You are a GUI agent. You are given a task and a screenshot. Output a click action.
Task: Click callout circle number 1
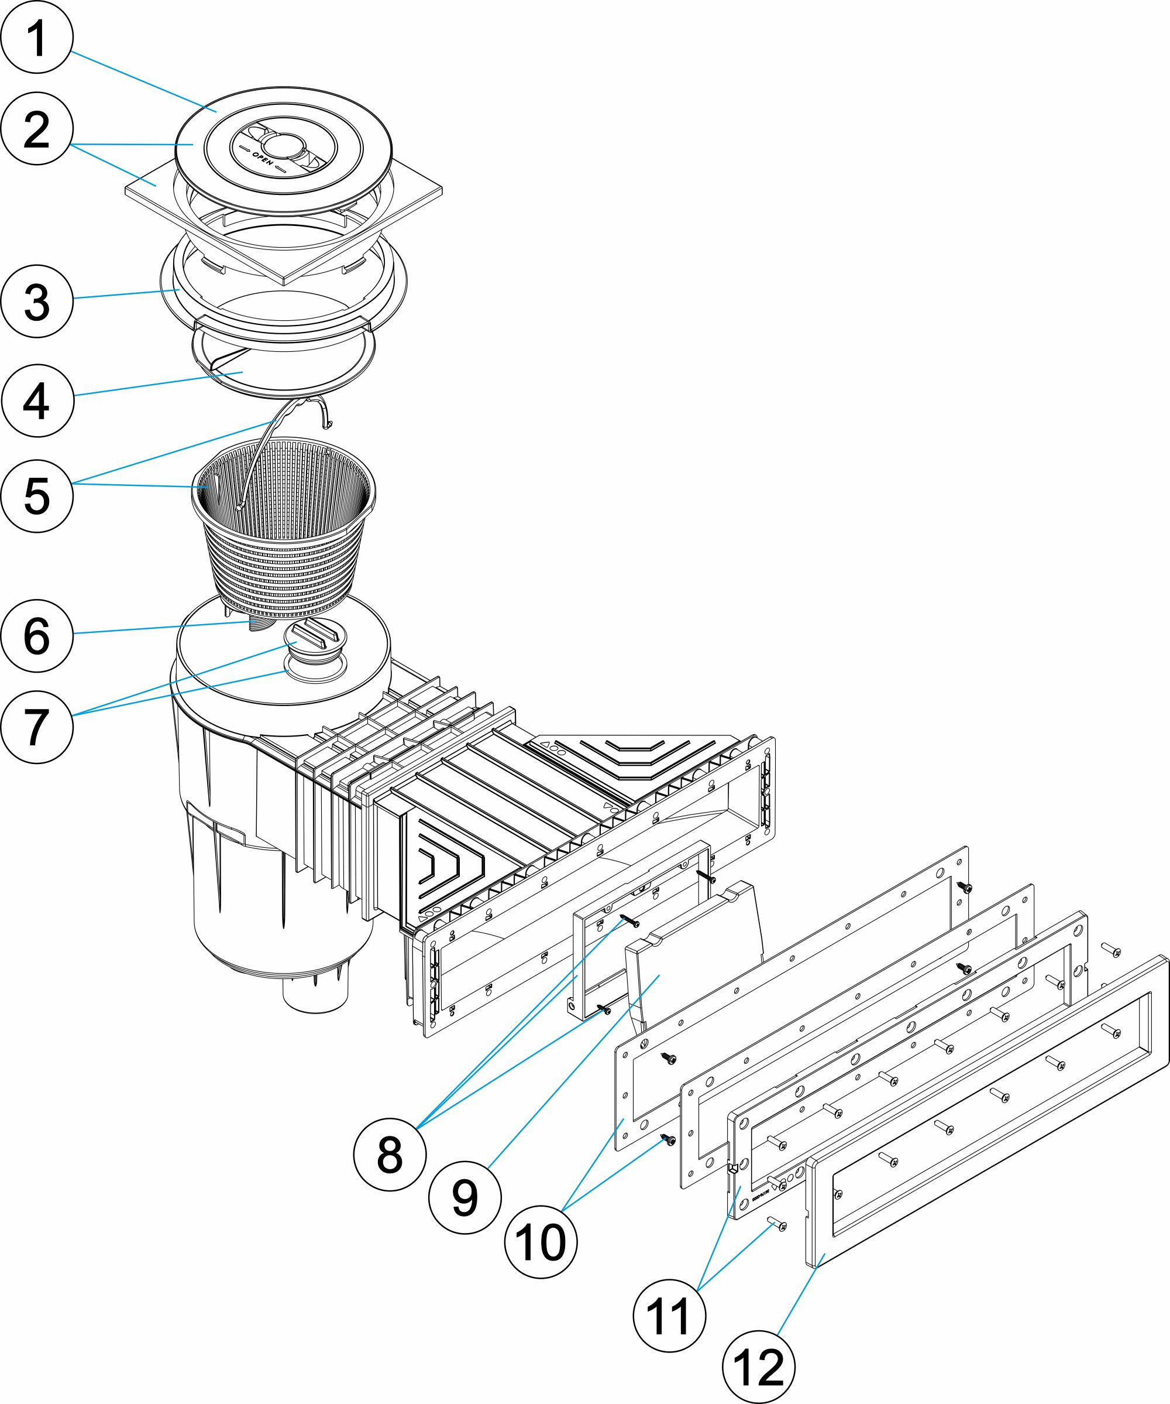click(x=37, y=37)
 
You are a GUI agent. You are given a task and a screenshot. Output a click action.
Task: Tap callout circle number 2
click(x=37, y=129)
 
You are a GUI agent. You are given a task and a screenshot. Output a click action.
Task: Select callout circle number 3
click(x=37, y=302)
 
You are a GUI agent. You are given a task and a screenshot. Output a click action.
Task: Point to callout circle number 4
click(x=37, y=400)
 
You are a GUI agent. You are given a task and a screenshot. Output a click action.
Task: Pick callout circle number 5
click(x=37, y=496)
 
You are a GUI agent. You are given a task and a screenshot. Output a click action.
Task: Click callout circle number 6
click(x=37, y=635)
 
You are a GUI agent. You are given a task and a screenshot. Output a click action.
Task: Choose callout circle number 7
click(x=37, y=727)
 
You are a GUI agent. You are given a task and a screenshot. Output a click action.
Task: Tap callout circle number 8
click(x=390, y=1155)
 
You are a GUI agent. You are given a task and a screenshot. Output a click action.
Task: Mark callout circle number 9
click(x=464, y=1197)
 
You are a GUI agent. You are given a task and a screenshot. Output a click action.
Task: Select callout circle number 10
click(x=541, y=1242)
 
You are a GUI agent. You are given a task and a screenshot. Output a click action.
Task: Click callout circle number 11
click(x=669, y=1316)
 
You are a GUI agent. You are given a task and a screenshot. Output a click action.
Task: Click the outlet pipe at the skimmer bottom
click(x=315, y=993)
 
